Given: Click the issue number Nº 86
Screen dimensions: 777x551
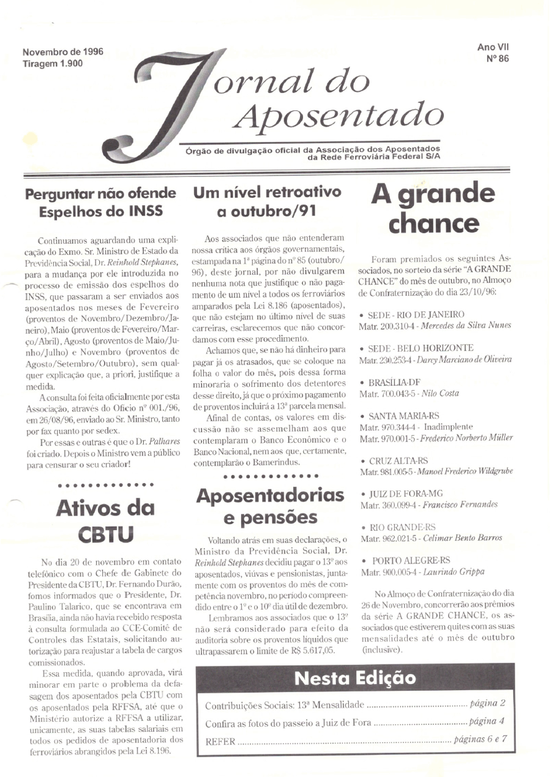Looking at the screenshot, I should [x=497, y=59].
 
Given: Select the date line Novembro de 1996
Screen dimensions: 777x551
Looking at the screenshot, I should [x=62, y=52].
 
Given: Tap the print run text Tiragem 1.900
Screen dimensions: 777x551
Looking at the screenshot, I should [x=53, y=63].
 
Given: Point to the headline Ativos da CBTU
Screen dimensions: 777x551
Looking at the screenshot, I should [x=105, y=521].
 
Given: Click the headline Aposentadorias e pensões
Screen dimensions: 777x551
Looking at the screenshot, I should [x=270, y=506].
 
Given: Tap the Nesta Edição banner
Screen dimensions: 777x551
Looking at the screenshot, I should [x=355, y=678].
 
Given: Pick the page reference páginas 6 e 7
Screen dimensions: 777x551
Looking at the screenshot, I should [x=481, y=739].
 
